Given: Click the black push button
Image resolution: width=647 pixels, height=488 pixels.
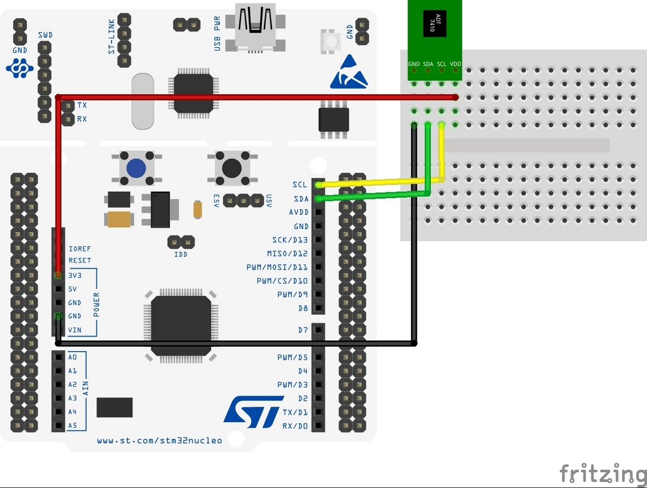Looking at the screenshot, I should click(232, 168).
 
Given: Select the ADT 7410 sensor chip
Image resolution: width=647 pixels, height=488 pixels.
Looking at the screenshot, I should click(435, 24).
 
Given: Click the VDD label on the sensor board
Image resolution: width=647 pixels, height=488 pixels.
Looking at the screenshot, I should click(456, 64).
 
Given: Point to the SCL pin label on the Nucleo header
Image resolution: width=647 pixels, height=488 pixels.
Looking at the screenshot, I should click(299, 185).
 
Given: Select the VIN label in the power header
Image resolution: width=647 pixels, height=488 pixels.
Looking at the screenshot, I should click(75, 330).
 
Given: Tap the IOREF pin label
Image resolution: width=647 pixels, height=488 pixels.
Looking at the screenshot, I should click(80, 249).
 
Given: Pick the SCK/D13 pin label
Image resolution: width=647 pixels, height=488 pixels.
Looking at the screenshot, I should click(290, 240).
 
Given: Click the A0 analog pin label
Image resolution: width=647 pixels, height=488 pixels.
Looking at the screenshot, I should click(73, 357).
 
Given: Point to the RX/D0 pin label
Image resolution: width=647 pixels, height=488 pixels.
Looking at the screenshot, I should click(295, 426).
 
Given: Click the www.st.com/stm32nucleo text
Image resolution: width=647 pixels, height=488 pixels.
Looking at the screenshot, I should click(160, 441).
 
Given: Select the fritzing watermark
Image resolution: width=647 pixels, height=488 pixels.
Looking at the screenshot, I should click(602, 473).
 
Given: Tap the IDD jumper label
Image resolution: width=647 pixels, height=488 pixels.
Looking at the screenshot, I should click(181, 254).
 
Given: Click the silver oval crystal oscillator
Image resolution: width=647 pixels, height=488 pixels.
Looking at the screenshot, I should click(142, 102).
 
